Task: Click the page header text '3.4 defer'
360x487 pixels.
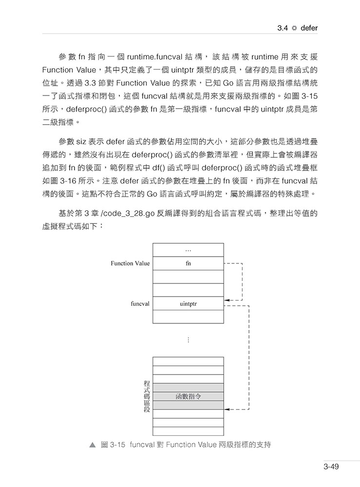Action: (297, 28)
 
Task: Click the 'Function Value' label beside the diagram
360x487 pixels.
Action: (130, 263)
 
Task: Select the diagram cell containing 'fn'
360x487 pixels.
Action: (188, 263)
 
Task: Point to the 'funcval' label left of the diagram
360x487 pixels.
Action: (140, 304)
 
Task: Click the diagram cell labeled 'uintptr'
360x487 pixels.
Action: (188, 304)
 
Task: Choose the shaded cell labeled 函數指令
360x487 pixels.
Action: (188, 396)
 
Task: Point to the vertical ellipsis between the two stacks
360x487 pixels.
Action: (188, 340)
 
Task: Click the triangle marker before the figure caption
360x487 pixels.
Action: (92, 445)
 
